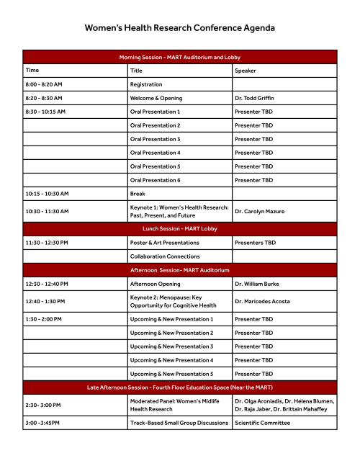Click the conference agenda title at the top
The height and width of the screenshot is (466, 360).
tap(179, 28)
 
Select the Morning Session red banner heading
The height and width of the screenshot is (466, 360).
tap(179, 57)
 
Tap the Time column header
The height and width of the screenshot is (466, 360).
tap(32, 71)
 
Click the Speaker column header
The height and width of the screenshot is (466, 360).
tap(246, 71)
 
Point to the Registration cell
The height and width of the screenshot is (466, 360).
tap(145, 84)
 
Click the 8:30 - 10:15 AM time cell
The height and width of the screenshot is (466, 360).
tap(45, 112)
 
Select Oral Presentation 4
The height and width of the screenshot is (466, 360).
tap(155, 153)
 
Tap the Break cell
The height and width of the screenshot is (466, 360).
tap(137, 194)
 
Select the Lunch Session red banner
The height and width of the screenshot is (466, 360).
tap(179, 228)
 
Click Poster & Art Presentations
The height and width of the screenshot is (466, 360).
tap(164, 243)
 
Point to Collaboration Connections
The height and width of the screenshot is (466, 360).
tap(165, 256)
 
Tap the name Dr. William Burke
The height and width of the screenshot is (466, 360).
tap(258, 284)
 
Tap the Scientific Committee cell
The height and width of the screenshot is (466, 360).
tap(262, 423)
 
